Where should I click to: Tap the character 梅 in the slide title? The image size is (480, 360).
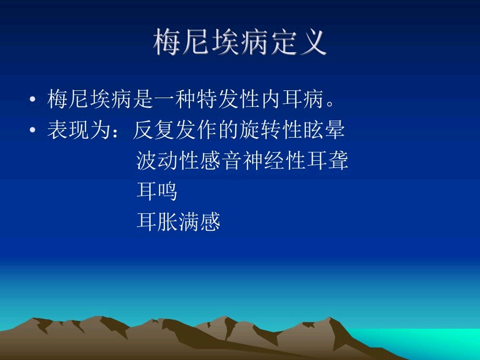[x=167, y=42]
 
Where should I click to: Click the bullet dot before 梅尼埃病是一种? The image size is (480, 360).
[x=32, y=99]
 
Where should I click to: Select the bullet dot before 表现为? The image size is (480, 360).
[x=32, y=130]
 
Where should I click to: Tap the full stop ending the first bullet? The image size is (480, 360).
[x=330, y=103]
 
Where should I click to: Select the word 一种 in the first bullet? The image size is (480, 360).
[x=175, y=99]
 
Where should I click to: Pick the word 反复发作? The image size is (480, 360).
[x=175, y=130]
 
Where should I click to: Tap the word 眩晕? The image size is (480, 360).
[x=324, y=130]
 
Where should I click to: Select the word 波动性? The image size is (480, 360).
[x=168, y=160]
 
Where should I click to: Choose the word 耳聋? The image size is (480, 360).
[x=328, y=160]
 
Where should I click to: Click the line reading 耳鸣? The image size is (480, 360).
[x=157, y=191]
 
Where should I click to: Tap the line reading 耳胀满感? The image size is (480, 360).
[x=178, y=221]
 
